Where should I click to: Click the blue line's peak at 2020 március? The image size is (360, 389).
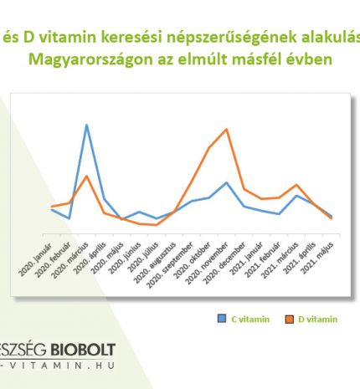[x=86, y=125]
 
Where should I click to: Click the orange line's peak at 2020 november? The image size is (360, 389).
[x=227, y=129]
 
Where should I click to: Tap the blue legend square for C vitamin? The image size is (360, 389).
[x=221, y=318]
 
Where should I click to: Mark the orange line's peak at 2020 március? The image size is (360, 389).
[x=86, y=176]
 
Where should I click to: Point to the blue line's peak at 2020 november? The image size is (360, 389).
[x=227, y=182]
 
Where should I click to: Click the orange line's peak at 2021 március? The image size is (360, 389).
[x=296, y=185]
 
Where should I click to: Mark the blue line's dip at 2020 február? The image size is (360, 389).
[x=69, y=218]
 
